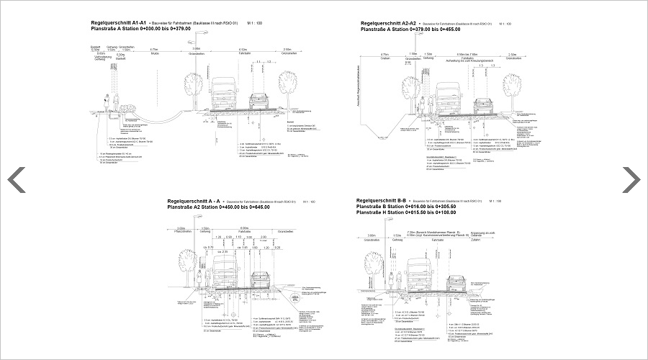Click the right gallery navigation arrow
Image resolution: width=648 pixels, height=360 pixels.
(631, 179)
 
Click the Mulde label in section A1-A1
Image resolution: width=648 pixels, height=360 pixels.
(154, 53)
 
